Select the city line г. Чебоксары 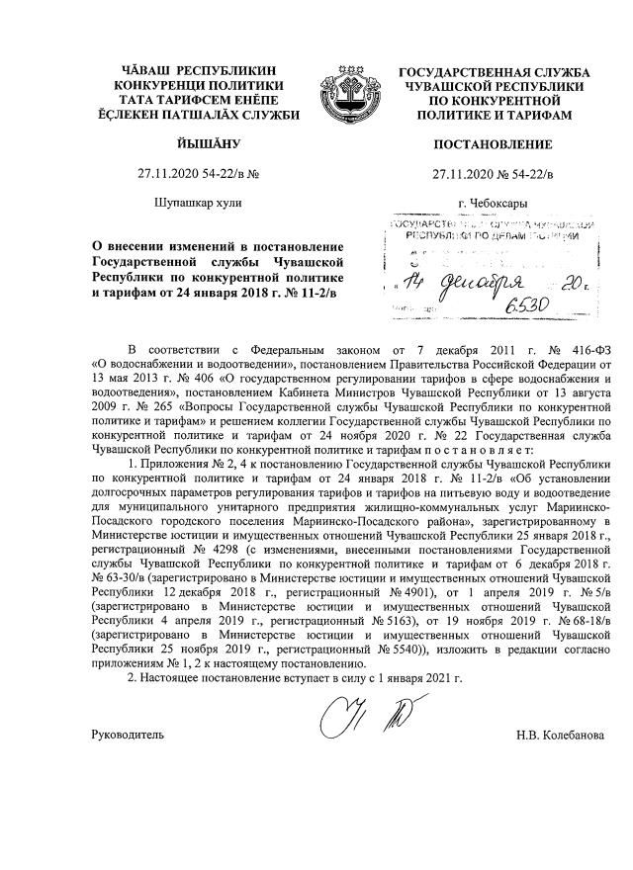493,203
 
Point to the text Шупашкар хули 192,203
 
